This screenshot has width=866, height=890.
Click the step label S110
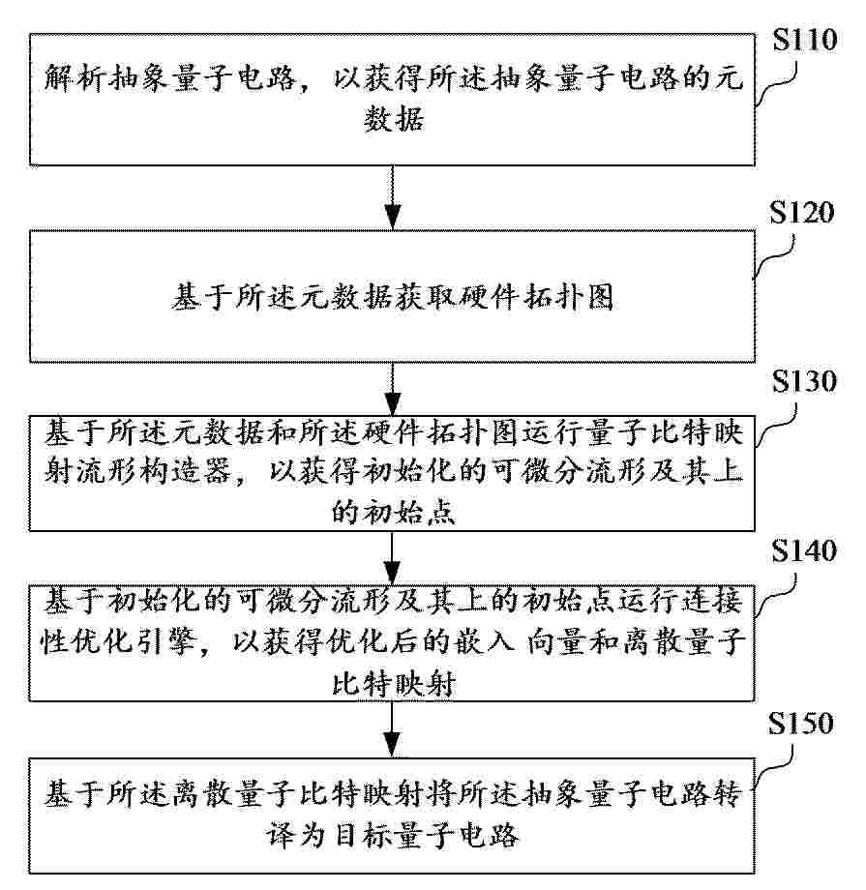click(805, 40)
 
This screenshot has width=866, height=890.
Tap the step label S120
click(802, 213)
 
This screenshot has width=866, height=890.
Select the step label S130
click(804, 381)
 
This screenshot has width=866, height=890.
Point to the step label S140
click(804, 550)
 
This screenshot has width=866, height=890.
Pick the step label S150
click(801, 724)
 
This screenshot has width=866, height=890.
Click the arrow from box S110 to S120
click(393, 197)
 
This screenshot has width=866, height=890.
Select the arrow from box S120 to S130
click(393, 389)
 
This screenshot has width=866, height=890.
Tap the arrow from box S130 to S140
click(393, 558)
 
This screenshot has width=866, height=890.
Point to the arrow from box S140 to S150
click(393, 729)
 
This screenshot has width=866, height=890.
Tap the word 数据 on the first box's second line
click(394, 119)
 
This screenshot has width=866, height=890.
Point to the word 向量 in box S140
click(557, 640)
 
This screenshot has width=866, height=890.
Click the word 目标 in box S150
click(364, 834)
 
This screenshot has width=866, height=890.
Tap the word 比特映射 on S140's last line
click(394, 683)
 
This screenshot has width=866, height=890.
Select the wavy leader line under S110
click(776, 84)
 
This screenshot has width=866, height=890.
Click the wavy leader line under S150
click(773, 767)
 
